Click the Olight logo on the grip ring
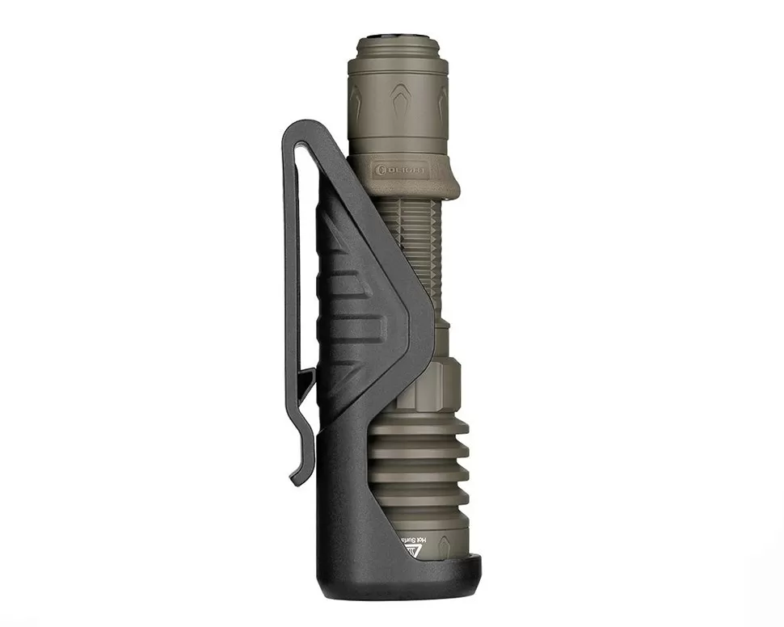(x=401, y=171)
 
